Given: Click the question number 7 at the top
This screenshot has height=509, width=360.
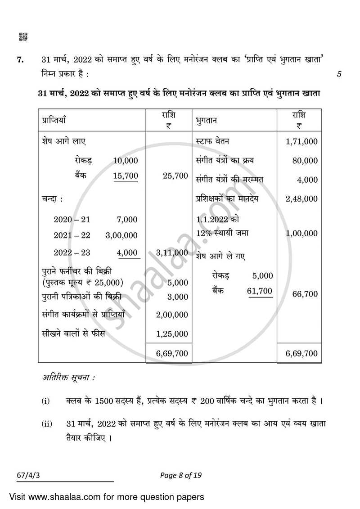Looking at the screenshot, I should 20,59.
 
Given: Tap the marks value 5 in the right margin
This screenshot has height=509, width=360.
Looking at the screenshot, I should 338,75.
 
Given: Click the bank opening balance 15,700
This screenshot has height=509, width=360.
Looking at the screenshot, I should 126,176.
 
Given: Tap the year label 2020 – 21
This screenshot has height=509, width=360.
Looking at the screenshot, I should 72,220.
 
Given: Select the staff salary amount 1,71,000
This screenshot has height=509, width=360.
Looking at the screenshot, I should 301,142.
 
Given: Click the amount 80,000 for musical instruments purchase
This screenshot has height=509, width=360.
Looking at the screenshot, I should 305,161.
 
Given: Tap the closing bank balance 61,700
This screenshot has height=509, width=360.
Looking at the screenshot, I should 260,291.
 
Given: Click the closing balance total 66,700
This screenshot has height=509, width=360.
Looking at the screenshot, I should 305,294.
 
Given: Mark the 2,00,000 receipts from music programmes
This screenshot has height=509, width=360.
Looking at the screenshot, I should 171,315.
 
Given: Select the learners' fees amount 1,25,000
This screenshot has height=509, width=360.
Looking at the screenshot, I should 171,334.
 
